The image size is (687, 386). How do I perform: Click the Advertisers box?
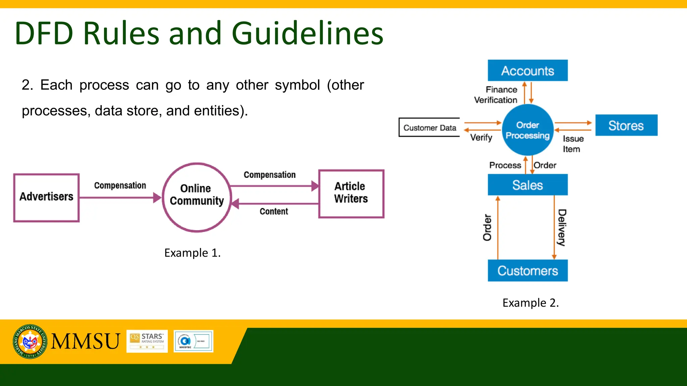(x=46, y=197)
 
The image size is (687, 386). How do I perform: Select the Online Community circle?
(x=197, y=197)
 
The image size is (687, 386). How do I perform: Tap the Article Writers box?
(x=351, y=193)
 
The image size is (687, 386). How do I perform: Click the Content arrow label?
(x=274, y=211)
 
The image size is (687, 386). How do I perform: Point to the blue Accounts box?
(x=527, y=70)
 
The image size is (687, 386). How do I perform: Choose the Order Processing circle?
(x=527, y=130)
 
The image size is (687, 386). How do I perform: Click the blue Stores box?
(x=626, y=125)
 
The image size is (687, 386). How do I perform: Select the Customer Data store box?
(x=429, y=127)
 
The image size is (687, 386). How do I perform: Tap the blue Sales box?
(x=527, y=185)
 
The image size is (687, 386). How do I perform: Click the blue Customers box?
(x=527, y=270)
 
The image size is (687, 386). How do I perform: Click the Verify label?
(x=481, y=137)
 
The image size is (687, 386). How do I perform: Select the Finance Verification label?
(x=496, y=95)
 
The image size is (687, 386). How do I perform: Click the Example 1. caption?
(x=192, y=253)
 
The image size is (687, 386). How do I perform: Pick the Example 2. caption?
(x=530, y=303)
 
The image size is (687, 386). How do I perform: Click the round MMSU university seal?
(x=30, y=341)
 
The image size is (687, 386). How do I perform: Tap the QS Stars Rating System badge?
(x=147, y=341)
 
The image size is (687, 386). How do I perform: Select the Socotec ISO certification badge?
(x=193, y=341)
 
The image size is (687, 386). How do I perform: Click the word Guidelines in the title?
(x=307, y=33)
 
